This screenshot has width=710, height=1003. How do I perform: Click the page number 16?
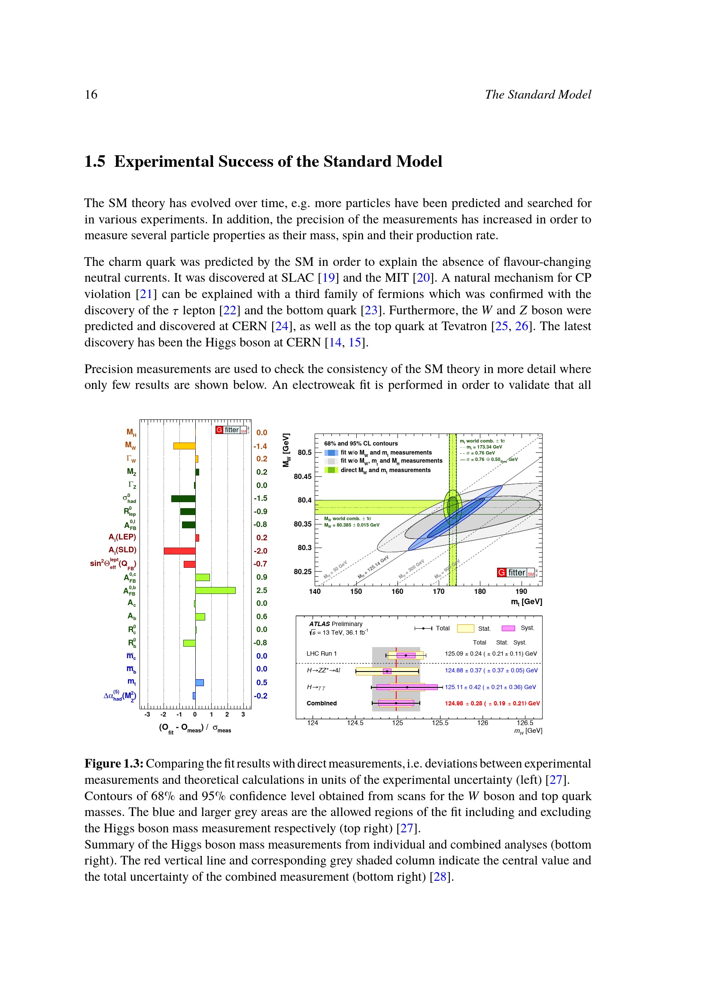(91, 95)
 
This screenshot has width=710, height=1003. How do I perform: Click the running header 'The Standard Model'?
(537, 95)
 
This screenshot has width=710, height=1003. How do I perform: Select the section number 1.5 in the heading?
(94, 162)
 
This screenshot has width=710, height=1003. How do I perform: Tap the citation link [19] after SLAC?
(328, 278)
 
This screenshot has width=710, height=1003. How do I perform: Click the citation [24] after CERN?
(280, 326)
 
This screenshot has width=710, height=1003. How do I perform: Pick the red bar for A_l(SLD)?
(180, 551)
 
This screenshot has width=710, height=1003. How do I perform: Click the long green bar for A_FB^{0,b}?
(215, 590)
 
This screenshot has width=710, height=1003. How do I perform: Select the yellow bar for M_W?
(184, 446)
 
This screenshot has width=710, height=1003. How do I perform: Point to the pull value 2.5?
(261, 590)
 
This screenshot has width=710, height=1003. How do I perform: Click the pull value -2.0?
(261, 551)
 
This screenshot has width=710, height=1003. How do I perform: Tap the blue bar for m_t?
(199, 683)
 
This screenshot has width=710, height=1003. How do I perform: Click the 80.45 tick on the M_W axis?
(303, 476)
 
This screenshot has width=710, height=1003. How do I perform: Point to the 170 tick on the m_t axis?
(439, 591)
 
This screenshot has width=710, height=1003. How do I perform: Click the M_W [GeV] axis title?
(286, 450)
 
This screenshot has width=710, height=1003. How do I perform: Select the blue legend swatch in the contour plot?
(331, 452)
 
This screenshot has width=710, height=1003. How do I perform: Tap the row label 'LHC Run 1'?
(322, 654)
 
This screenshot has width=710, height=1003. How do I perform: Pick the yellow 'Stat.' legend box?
(465, 629)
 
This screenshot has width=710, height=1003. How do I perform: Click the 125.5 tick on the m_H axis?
(440, 723)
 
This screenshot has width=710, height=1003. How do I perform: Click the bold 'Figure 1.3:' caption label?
(114, 764)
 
